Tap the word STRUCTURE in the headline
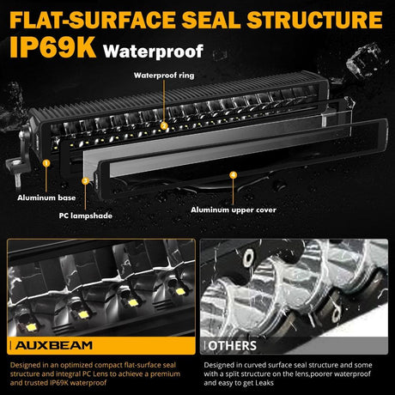[314, 20]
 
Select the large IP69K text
[53, 47]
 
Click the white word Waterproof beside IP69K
[154, 52]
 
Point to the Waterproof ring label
[164, 76]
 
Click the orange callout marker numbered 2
[164, 125]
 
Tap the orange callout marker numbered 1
[46, 163]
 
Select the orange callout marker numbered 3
[85, 181]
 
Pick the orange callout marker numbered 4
[234, 174]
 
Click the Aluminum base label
[46, 197]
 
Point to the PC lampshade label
[85, 216]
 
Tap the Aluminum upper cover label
[234, 210]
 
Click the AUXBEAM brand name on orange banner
[54, 345]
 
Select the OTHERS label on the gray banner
[232, 346]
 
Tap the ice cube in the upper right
[364, 61]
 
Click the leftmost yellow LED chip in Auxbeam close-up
[32, 327]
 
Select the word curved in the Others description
[256, 365]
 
